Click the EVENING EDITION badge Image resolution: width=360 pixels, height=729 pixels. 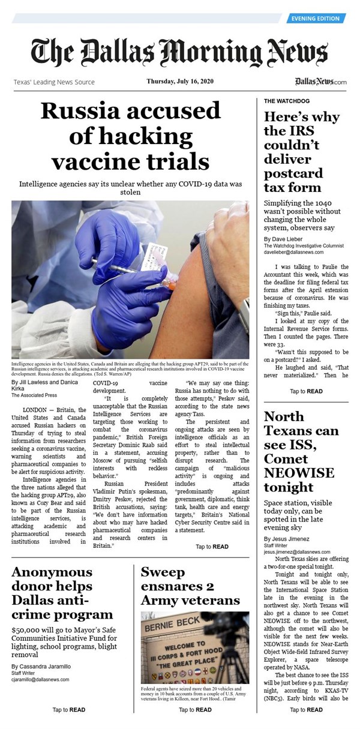click(316, 19)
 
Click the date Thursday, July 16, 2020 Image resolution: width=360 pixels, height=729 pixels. click(180, 82)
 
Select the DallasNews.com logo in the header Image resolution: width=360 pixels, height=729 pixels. click(320, 82)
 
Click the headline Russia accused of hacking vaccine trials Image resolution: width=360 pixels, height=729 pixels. click(130, 136)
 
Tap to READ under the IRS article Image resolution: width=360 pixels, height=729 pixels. click(306, 391)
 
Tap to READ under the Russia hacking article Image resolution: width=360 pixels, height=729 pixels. click(212, 547)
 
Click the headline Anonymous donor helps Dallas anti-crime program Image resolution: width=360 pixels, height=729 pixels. click(62, 593)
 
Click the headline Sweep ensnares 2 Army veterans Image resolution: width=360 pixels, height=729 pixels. click(190, 585)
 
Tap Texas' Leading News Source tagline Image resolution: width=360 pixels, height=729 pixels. click(54, 82)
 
